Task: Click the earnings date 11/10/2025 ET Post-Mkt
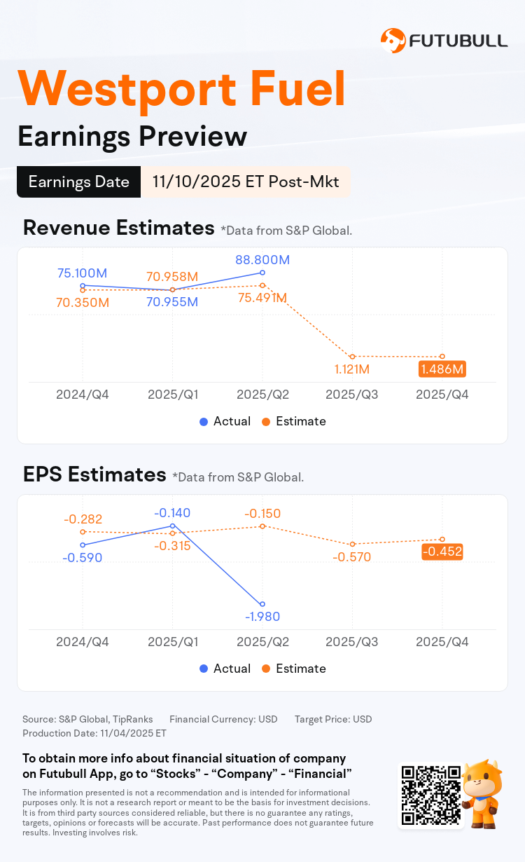[245, 182]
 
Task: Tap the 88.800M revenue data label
[262, 260]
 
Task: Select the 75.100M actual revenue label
[82, 273]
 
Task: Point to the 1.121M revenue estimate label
[353, 369]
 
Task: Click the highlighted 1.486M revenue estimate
[442, 369]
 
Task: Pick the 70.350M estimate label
[83, 303]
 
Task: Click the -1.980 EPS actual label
[262, 617]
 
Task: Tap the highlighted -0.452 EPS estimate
[442, 552]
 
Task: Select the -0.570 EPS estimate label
[352, 557]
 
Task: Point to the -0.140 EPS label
[172, 512]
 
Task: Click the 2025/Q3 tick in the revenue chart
[352, 395]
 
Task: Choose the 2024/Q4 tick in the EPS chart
[83, 642]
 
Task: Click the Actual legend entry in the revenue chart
[225, 421]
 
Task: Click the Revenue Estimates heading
[118, 228]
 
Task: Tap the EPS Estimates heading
[94, 475]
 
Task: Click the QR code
[430, 795]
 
